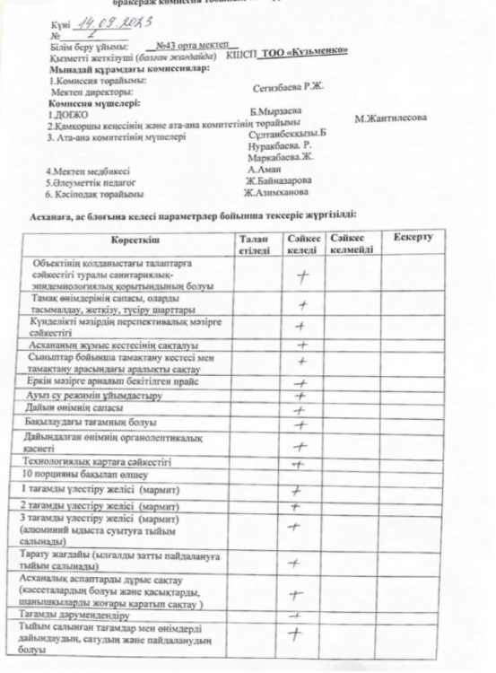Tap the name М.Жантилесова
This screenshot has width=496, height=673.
click(390, 118)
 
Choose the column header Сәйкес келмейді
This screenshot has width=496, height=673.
click(350, 243)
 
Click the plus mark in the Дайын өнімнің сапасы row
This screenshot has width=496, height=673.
click(302, 409)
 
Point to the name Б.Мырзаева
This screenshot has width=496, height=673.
click(275, 109)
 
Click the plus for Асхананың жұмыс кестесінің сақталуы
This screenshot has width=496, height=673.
click(302, 343)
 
